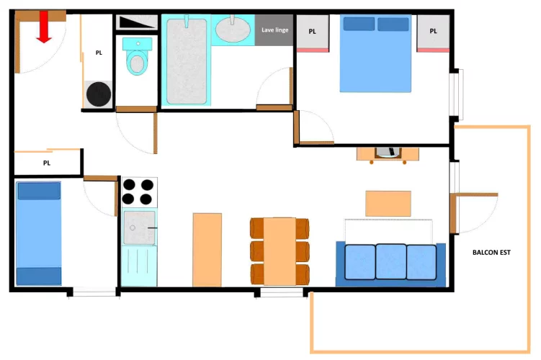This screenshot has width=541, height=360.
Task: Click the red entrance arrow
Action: [44, 27]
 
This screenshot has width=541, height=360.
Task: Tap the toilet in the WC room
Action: [138, 57]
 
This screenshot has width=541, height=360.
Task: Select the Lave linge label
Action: [274, 30]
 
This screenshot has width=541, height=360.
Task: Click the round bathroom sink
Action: [233, 30]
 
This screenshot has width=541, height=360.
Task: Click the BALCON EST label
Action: [491, 253]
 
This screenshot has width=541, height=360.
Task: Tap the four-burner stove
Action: [139, 192]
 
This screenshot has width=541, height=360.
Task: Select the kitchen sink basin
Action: [139, 228]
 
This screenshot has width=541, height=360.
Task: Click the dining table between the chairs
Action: [280, 251]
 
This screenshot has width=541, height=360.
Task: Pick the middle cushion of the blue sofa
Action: [390, 261]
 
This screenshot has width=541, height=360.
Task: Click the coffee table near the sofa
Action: [388, 204]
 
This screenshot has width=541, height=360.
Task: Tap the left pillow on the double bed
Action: [359, 24]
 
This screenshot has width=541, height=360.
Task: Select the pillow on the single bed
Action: [39, 191]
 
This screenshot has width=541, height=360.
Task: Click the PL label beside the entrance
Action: [99, 53]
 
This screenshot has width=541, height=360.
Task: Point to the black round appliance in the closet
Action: [99, 94]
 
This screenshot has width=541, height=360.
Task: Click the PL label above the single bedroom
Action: [47, 163]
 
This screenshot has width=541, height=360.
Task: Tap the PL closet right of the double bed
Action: [433, 33]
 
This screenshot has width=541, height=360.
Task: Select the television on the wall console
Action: [388, 152]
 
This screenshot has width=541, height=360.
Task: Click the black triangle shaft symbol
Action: [136, 22]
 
